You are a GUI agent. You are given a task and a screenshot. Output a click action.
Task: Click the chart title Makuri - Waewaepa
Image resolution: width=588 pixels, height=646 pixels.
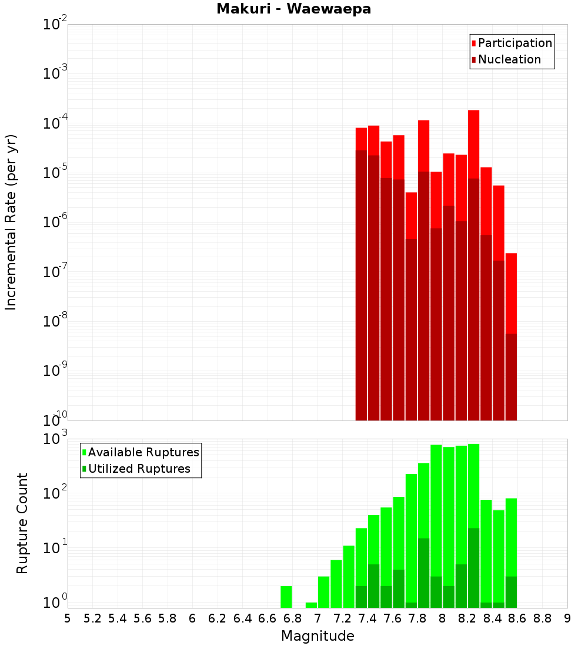click(294, 9)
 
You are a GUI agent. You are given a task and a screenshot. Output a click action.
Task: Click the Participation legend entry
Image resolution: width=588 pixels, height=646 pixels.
click(514, 43)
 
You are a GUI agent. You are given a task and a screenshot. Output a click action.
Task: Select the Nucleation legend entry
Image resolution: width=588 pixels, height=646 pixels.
click(509, 59)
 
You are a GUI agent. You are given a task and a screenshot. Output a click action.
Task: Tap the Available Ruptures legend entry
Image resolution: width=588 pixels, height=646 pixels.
click(143, 452)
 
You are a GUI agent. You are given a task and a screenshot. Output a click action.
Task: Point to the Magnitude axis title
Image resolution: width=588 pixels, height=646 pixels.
click(318, 636)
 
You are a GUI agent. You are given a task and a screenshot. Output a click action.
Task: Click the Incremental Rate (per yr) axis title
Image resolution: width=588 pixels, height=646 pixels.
click(11, 222)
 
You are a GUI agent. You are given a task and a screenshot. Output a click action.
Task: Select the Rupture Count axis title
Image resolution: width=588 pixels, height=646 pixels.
click(22, 523)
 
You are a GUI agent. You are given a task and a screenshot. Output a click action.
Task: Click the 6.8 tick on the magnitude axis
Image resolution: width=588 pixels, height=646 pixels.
click(292, 618)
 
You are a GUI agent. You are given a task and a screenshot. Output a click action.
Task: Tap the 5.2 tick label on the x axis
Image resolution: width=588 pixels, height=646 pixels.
click(93, 618)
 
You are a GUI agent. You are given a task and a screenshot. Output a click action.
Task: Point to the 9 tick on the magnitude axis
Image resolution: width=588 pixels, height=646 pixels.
click(567, 618)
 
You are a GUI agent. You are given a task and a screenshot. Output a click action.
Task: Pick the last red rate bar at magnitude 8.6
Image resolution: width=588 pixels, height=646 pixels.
click(511, 294)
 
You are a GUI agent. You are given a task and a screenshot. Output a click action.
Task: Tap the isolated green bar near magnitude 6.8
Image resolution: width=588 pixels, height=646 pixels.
click(286, 597)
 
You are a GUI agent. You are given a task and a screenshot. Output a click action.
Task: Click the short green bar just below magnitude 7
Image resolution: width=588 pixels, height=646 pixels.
click(311, 605)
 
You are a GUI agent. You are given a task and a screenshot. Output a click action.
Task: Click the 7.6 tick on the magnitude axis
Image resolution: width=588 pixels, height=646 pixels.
click(392, 618)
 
